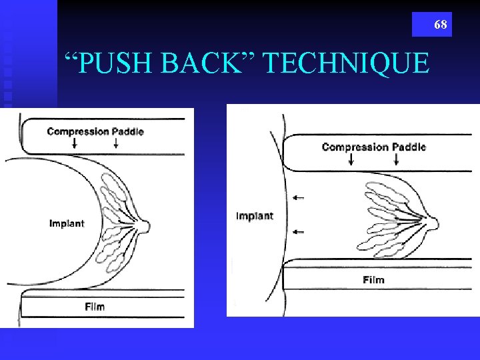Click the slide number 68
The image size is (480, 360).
tap(440, 25)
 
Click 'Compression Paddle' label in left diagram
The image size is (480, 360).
tap(95, 131)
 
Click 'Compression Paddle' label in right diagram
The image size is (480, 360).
tap(373, 147)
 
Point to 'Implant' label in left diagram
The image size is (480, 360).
tap(67, 223)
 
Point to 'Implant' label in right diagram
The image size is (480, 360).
tap(255, 216)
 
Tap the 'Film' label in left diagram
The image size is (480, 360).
tap(95, 307)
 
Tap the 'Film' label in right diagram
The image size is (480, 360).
tap(373, 279)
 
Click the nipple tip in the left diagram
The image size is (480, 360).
tap(148, 226)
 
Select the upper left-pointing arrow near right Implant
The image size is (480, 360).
tap(298, 197)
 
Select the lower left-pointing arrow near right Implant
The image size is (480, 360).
tap(298, 231)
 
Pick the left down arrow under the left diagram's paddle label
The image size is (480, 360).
tap(73, 143)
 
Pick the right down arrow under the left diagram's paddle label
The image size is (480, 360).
tap(120, 143)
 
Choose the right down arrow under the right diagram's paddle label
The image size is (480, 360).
tap(397, 159)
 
